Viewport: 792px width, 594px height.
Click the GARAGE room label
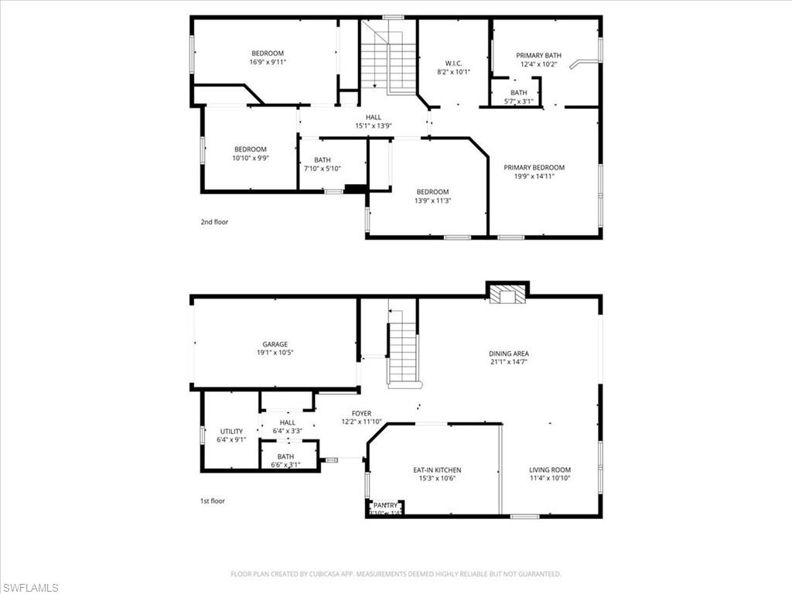(x=275, y=344)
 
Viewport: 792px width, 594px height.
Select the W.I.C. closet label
(x=453, y=63)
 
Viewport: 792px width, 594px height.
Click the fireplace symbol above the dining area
(x=507, y=295)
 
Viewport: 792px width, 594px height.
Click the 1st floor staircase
(x=402, y=352)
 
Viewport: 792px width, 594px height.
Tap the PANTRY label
(x=385, y=505)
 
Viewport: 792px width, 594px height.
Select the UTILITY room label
(x=231, y=432)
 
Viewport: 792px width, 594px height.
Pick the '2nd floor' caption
(x=214, y=222)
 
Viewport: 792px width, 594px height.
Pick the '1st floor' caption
(x=213, y=500)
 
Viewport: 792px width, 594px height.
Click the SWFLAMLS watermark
(x=29, y=588)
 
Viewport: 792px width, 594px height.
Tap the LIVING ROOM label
(x=550, y=469)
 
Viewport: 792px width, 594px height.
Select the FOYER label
(x=361, y=414)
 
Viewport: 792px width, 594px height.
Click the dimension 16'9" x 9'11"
(x=268, y=62)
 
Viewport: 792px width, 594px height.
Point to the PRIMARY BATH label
(x=538, y=56)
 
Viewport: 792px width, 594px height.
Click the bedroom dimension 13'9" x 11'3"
(x=432, y=200)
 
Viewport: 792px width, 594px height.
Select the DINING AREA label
(x=509, y=353)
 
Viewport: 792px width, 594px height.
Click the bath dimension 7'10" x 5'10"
(x=323, y=168)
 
